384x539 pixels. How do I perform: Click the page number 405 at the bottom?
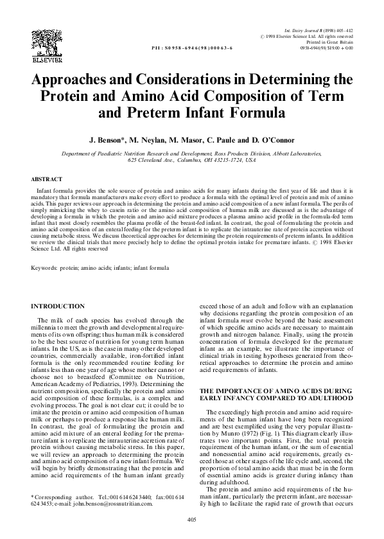point(191,519)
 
